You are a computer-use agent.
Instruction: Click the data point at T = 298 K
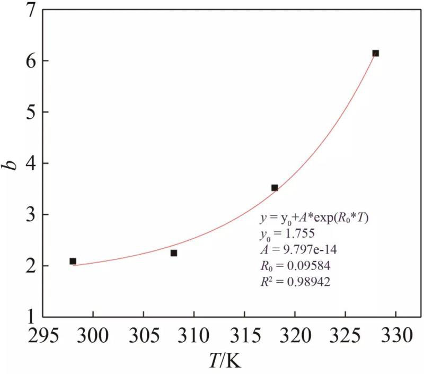tap(73, 261)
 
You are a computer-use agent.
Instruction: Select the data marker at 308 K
tap(174, 253)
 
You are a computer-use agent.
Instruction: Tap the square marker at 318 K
tap(275, 188)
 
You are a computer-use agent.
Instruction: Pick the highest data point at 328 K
tap(375, 53)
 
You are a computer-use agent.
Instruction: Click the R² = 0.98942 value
tap(295, 283)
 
